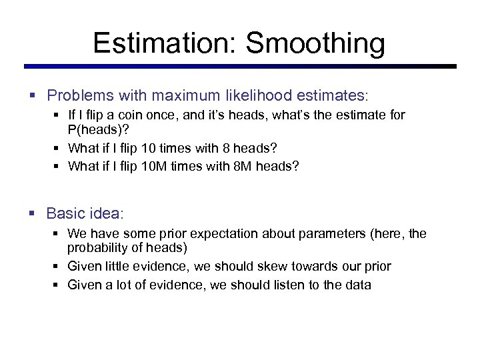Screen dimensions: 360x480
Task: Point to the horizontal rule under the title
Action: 240,67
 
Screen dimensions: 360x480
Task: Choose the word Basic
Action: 65,213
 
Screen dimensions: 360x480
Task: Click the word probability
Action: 101,247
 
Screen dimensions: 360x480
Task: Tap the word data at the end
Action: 357,285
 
